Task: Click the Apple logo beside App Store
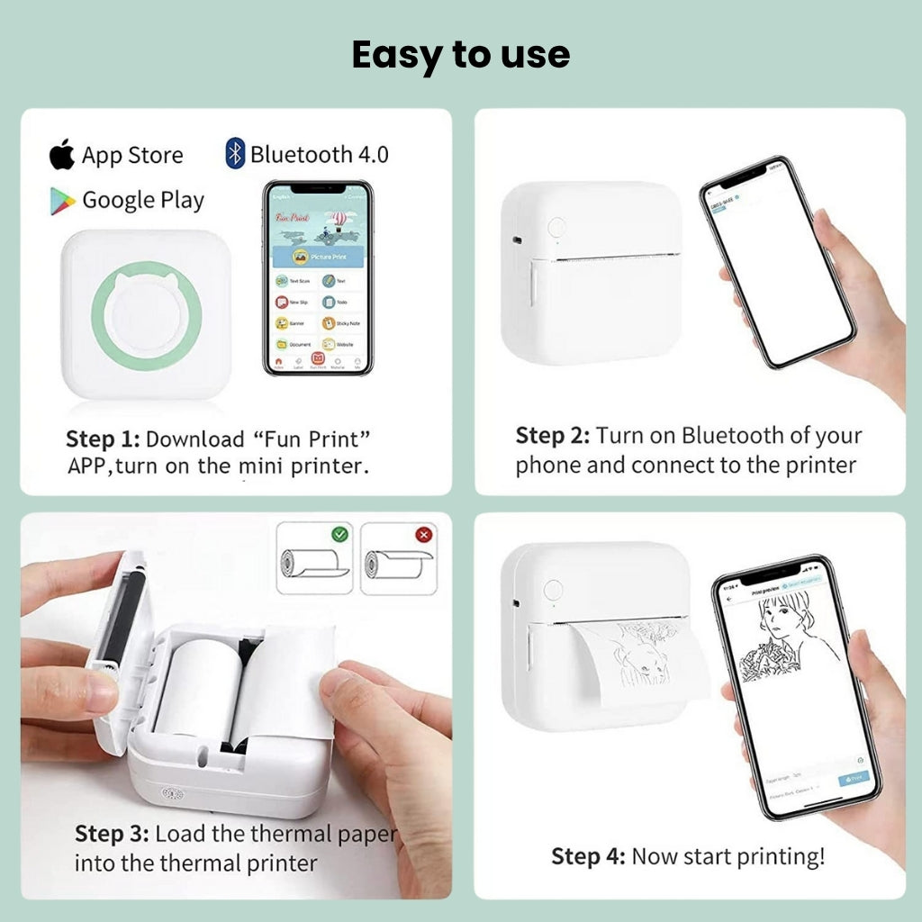coord(62,155)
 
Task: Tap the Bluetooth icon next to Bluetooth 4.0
coord(235,153)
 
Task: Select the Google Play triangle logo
coord(62,200)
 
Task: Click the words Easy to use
coord(460,55)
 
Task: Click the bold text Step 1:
coord(103,439)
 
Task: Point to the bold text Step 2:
coord(552,436)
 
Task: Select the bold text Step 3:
coord(112,833)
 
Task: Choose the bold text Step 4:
coord(588,856)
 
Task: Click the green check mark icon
coord(339,534)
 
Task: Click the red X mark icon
coord(423,534)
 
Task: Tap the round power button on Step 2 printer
coord(556,227)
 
